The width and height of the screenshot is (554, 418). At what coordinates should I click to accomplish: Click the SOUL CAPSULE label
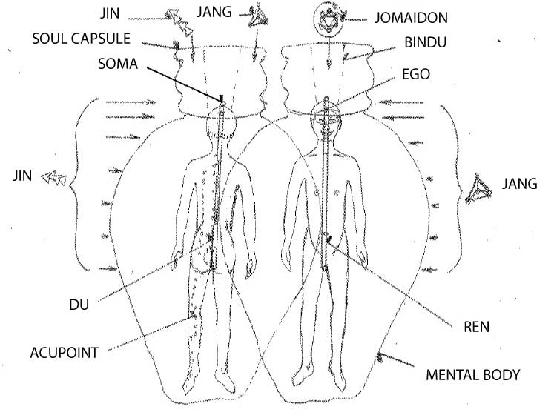[82, 39]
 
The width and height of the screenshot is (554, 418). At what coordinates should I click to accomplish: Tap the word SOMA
[118, 64]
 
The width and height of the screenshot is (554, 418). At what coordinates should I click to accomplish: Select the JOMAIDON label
[411, 18]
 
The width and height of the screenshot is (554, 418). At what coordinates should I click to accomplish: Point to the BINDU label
[426, 42]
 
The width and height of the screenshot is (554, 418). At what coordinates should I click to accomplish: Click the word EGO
[416, 74]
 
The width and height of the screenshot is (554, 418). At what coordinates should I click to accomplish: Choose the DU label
[79, 305]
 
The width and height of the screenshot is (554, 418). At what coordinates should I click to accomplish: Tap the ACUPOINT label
[64, 353]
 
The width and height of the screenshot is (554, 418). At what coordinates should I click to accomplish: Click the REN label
[476, 327]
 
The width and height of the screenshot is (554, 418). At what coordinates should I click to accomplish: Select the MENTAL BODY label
[472, 375]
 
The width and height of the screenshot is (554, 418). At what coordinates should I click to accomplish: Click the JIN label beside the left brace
[22, 176]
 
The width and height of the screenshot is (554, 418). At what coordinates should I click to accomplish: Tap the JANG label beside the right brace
[519, 184]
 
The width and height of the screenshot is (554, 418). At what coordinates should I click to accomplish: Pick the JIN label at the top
[110, 14]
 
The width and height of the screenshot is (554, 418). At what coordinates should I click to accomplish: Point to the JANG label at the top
[214, 12]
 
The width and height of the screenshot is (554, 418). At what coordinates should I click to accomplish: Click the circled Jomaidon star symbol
[329, 21]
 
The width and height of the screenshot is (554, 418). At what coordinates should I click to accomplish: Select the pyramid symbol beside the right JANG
[478, 189]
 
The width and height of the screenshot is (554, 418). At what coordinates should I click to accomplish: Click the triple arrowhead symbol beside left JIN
[53, 178]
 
